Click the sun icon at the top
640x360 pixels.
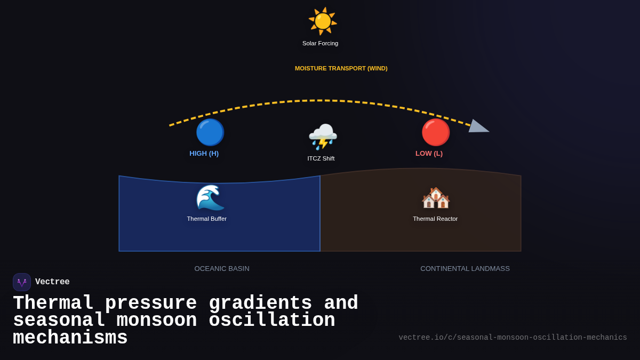[323, 21]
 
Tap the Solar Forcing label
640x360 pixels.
[320, 43]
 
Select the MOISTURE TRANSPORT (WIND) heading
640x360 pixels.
[341, 68]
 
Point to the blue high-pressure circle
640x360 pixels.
[210, 132]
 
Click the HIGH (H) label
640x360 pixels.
[204, 154]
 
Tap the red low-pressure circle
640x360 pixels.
[436, 132]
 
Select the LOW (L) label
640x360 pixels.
[429, 154]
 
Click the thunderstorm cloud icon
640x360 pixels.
[323, 137]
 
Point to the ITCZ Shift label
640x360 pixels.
[321, 158]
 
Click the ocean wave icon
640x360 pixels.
[210, 197]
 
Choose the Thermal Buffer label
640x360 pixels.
[206, 219]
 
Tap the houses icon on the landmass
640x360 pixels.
[436, 198]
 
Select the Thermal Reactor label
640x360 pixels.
[435, 219]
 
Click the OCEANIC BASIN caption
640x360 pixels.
[221, 269]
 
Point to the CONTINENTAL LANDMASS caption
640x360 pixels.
[465, 269]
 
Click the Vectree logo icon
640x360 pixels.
[22, 282]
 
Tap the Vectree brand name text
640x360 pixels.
[52, 282]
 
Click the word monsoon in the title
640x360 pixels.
[156, 321]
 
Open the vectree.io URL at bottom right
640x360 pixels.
[513, 338]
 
